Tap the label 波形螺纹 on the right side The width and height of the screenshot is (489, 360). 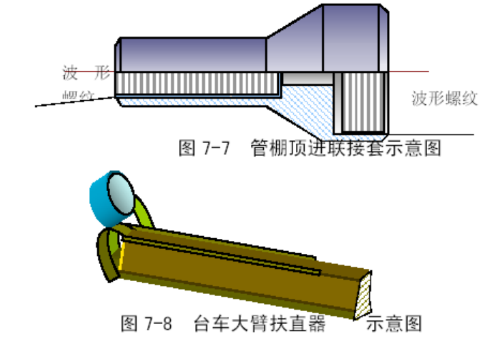point(444,99)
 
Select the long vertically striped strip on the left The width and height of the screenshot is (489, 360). point(197,83)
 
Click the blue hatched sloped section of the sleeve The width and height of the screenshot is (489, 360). point(299,109)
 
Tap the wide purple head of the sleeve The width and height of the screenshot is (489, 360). point(354,37)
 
